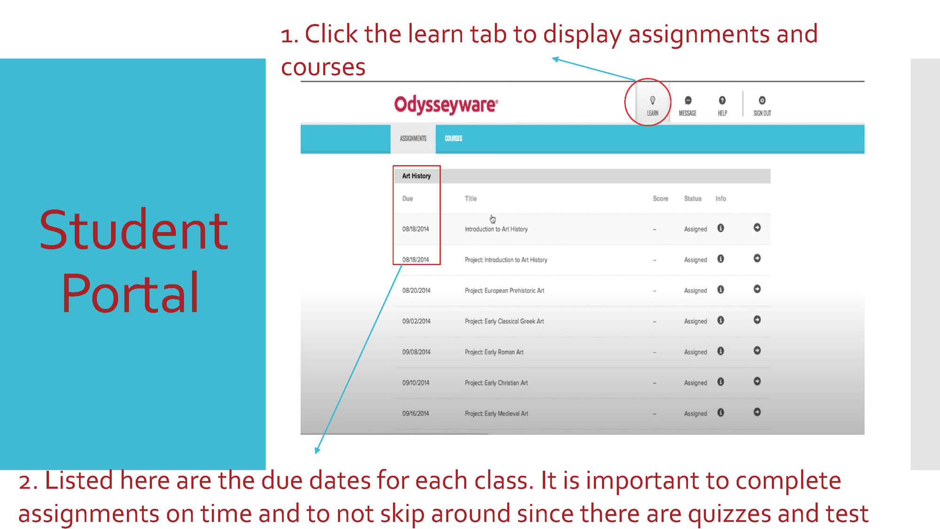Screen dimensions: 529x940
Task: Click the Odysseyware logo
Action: [446, 104]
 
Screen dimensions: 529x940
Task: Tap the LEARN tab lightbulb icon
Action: [652, 100]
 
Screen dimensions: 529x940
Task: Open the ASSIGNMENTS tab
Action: [413, 139]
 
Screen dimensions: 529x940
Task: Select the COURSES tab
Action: [454, 139]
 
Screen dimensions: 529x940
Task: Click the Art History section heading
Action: [416, 176]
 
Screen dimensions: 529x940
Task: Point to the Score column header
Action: [660, 199]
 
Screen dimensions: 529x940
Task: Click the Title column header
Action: [470, 199]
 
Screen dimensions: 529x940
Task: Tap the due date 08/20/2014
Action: [416, 291]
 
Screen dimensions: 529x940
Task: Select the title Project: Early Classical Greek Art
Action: [504, 322]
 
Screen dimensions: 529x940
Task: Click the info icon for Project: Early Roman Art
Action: [721, 351]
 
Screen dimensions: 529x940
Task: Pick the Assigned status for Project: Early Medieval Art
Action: [696, 414]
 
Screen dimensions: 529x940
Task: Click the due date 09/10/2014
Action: [416, 383]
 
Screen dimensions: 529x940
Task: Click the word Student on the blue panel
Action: [133, 230]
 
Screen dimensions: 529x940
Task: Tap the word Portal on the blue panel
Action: [130, 294]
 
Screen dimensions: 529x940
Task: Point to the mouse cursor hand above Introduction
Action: [493, 219]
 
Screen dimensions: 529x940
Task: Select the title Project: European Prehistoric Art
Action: [504, 291]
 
